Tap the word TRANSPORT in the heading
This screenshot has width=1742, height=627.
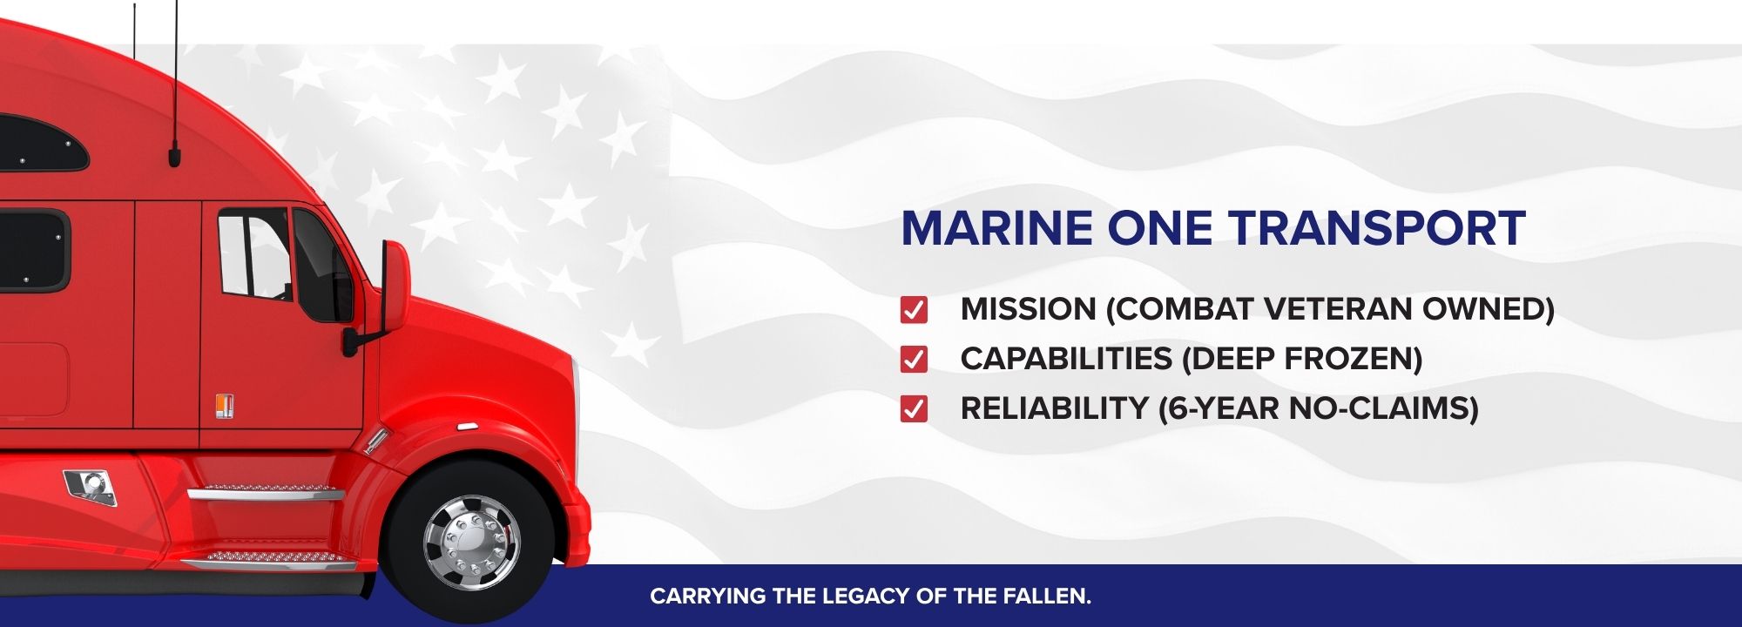[x=1377, y=228]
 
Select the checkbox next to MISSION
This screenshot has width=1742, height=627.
[x=914, y=309]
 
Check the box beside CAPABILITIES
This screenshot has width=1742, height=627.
[x=914, y=359]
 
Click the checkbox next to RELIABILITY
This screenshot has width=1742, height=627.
[x=914, y=408]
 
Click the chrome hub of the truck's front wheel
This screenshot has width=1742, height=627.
[x=471, y=543]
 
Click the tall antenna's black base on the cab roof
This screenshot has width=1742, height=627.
[x=174, y=157]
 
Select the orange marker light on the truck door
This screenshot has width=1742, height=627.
[x=225, y=406]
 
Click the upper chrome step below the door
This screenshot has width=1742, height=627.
[x=267, y=493]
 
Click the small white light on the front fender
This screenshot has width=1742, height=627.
[x=466, y=427]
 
